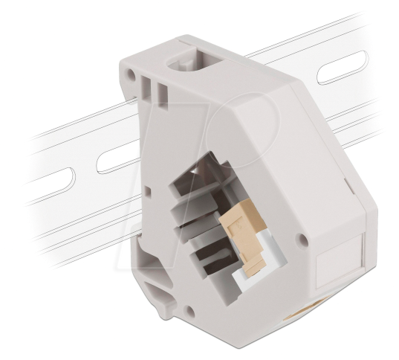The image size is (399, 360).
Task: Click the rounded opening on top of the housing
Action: [190, 62]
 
